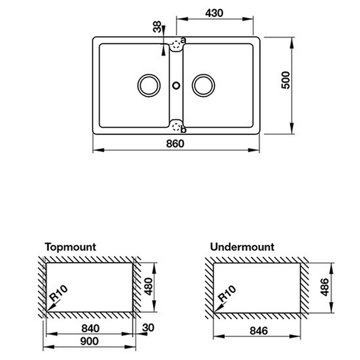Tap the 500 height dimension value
click(x=286, y=81)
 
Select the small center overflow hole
click(x=176, y=84)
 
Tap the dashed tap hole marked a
click(x=176, y=43)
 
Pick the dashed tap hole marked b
click(x=175, y=126)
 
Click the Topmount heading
click(x=70, y=247)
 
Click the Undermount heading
click(x=242, y=247)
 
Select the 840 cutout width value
click(x=89, y=328)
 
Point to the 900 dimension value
click(x=89, y=341)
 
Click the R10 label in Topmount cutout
click(x=59, y=298)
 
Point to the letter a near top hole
click(x=184, y=40)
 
